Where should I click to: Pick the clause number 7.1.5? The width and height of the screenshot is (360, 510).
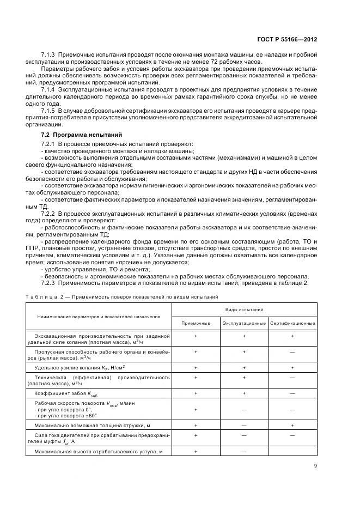[49, 111]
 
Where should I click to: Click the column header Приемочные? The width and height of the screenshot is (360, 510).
[196, 324]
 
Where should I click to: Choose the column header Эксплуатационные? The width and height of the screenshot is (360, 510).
[244, 324]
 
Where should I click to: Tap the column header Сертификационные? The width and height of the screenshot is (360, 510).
[292, 324]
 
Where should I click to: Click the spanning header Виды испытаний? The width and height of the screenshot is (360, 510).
[244, 309]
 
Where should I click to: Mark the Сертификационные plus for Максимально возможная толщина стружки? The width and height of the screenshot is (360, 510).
[292, 425]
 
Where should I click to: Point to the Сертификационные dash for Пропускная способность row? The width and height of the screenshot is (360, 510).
[292, 353]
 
